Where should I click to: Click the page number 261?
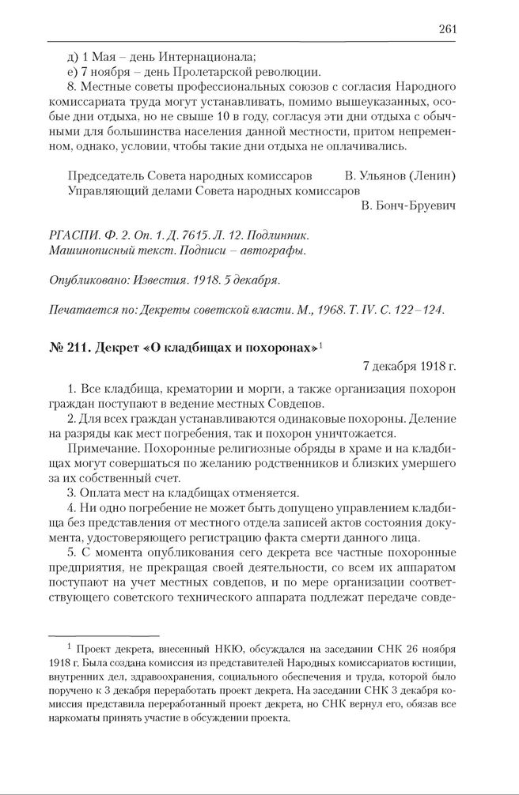click(x=447, y=29)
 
